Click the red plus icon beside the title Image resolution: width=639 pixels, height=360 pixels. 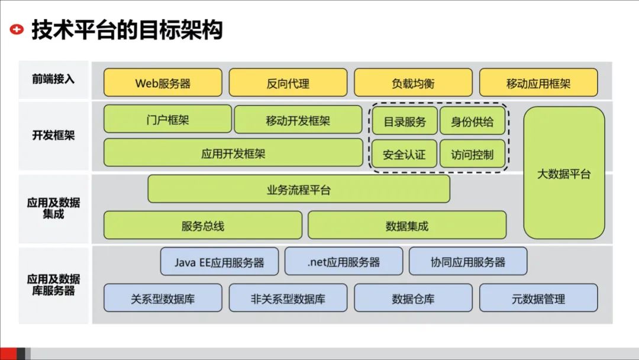point(18,29)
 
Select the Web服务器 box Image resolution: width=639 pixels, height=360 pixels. point(163,83)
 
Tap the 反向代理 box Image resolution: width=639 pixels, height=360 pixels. point(288,83)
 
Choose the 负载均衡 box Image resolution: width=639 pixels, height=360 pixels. point(413,83)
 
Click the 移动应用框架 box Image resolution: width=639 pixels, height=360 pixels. point(538,83)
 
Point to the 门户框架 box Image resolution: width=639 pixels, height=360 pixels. point(167,120)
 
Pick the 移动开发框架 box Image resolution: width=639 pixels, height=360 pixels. point(298,120)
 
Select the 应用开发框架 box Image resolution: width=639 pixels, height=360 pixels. point(233,153)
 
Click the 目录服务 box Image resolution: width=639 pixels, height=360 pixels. point(405,121)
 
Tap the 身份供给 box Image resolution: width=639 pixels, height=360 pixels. point(472,121)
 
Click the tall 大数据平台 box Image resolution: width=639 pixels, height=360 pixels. point(564,173)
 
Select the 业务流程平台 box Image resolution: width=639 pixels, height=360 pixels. point(299,189)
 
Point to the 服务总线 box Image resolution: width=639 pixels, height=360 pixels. point(203,225)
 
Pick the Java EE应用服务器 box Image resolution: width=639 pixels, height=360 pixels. point(220,262)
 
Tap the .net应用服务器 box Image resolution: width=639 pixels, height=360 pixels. point(344,262)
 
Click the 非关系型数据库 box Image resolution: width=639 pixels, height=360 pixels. point(288,298)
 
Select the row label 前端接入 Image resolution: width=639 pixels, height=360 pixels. point(53,79)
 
